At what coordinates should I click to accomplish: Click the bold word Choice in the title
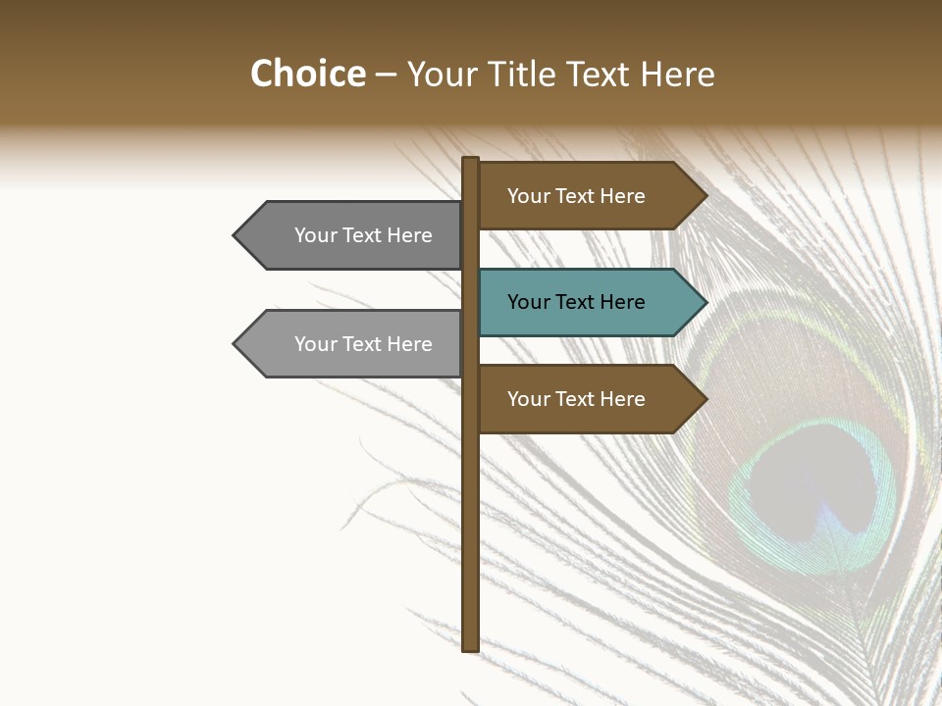(307, 74)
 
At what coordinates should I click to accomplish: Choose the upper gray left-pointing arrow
(353, 235)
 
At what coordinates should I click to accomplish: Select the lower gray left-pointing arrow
(353, 344)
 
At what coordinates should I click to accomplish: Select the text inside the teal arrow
(576, 302)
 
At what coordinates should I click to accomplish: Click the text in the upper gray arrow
(363, 235)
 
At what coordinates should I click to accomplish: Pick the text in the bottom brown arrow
(576, 399)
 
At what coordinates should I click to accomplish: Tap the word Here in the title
(677, 74)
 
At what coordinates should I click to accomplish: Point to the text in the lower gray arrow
(363, 344)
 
